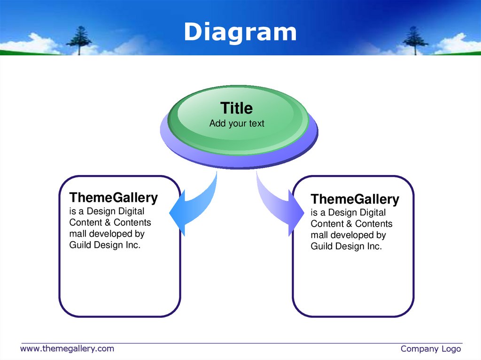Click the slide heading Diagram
pos(240,32)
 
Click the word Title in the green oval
pos(237,108)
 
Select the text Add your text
pos(237,123)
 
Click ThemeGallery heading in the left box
pos(114,198)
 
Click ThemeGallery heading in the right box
pos(355,199)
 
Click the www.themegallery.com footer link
pos(67,348)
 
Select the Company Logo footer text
pos(430,349)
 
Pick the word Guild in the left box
pos(80,245)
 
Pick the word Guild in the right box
pos(322,246)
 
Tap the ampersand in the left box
pos(108,222)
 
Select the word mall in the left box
pos(78,234)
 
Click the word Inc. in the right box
pos(374,246)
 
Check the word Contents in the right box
pos(373,224)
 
